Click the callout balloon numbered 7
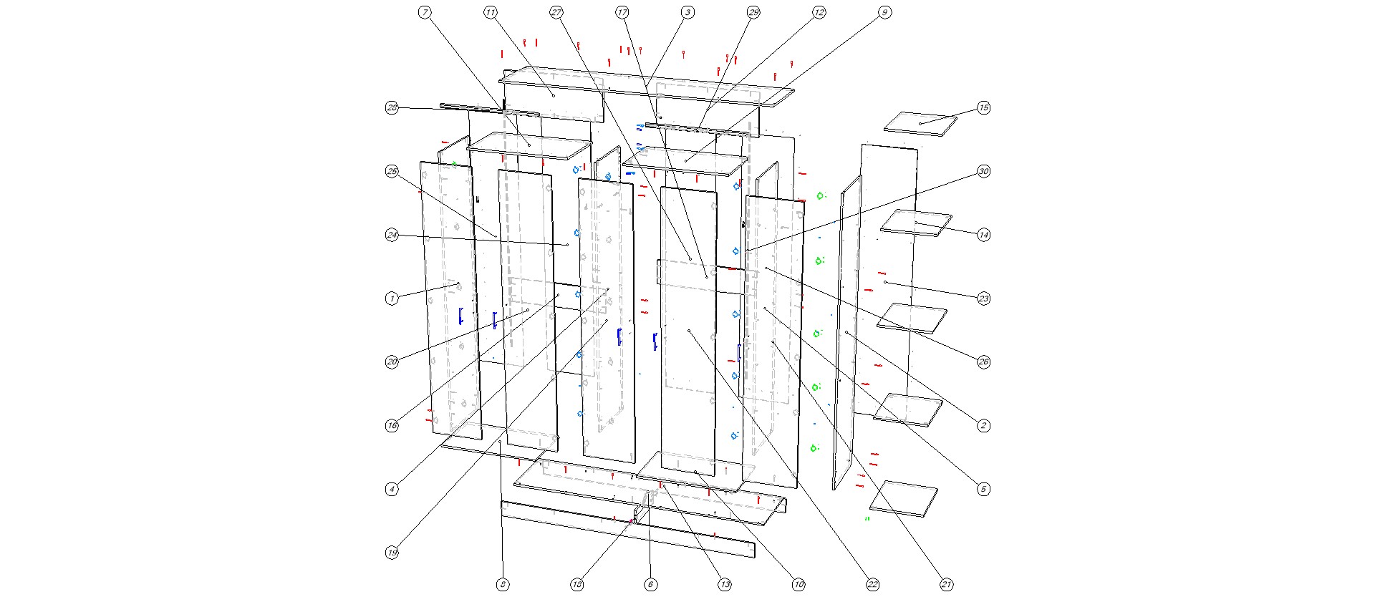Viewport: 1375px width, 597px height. [425, 12]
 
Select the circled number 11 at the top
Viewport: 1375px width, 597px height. [491, 12]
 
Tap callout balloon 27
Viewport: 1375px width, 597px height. [556, 12]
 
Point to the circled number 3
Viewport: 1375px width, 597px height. [687, 12]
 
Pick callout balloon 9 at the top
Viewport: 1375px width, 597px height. [884, 12]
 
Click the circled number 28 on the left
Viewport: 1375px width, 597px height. [392, 107]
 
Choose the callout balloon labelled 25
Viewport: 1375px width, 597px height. [392, 171]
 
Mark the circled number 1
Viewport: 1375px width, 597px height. [392, 298]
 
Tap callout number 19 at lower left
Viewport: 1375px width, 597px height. [392, 553]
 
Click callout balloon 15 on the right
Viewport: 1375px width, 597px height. [983, 107]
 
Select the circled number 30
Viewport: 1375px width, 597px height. [983, 171]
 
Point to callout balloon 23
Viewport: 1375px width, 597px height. [983, 298]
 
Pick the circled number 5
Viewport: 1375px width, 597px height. [983, 489]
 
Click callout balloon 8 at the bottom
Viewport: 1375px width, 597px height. [503, 585]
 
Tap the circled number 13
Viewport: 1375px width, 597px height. [725, 585]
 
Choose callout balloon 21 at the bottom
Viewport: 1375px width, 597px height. [946, 585]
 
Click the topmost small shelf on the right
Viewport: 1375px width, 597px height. [920, 122]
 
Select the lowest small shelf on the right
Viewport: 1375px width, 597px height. [904, 497]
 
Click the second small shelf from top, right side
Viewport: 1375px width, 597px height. [916, 223]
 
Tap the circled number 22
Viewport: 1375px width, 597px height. [872, 585]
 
